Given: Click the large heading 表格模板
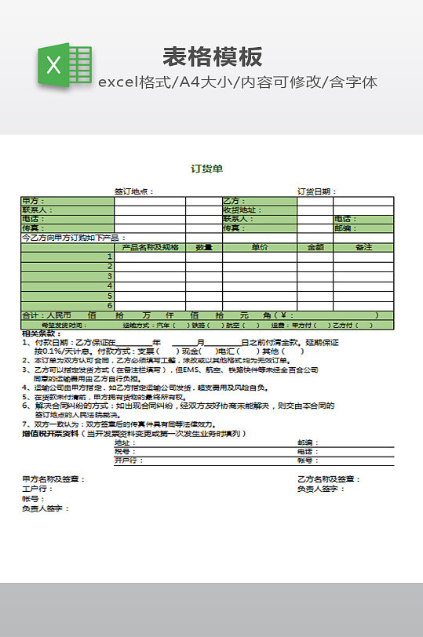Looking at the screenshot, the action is (x=213, y=56).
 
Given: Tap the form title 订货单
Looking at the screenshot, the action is (x=207, y=168).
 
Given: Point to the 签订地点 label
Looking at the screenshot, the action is (x=133, y=191).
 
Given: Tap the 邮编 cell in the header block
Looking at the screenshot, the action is (x=345, y=228).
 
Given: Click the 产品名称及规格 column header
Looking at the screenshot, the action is (x=150, y=247).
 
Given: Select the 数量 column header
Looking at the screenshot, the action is (x=204, y=247).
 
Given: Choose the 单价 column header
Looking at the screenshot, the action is (x=259, y=247).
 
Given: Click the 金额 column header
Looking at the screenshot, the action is (x=315, y=247).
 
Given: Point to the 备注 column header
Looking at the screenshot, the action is (x=363, y=247).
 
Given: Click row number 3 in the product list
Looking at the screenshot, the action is (x=111, y=276).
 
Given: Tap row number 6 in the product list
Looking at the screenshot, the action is (x=111, y=305).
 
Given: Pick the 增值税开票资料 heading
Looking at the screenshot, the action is (x=50, y=433).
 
